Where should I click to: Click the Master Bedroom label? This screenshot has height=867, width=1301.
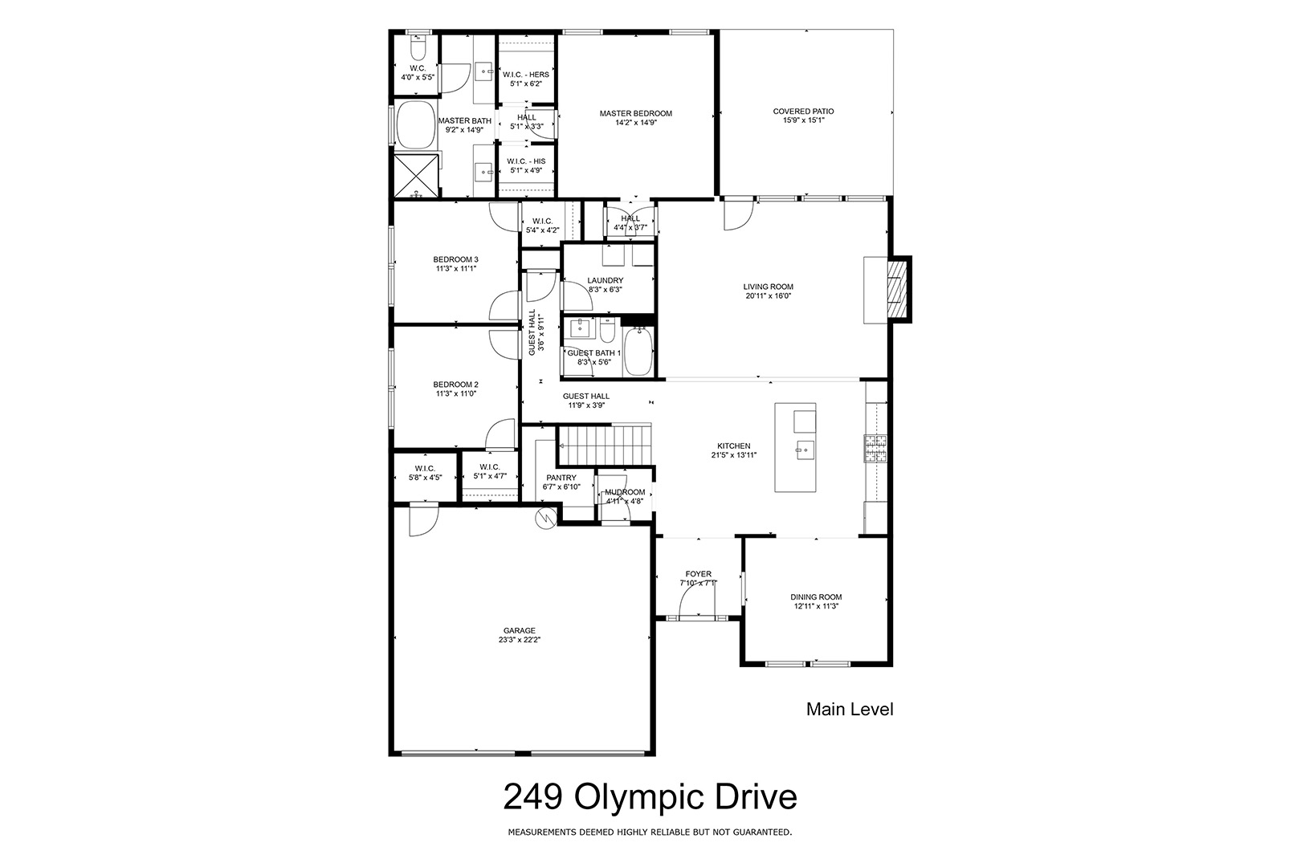point(635,113)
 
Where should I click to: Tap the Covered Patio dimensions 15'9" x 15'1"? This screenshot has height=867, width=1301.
point(803,120)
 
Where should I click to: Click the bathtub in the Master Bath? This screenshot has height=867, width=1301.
point(416,125)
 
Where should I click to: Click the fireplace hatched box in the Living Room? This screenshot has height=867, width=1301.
point(899,289)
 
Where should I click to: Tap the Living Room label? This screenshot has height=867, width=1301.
point(768,287)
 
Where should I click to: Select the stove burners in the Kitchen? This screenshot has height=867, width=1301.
point(875,448)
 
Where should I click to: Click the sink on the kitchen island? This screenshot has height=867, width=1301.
point(805,449)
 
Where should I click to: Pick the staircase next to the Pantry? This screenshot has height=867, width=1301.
point(605,445)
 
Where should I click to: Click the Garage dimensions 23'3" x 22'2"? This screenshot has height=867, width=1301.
point(520,640)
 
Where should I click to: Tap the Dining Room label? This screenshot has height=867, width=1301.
point(816,597)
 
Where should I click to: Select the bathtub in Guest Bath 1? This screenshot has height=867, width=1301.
point(638,352)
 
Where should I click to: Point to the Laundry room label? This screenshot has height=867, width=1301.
point(606,280)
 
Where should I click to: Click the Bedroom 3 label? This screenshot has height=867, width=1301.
point(456,259)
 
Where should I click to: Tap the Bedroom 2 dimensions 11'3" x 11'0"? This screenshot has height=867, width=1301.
point(456,393)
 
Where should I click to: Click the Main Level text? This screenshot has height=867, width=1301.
point(850,709)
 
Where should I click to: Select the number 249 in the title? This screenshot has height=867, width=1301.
point(532,796)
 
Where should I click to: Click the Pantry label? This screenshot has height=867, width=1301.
point(561,478)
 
